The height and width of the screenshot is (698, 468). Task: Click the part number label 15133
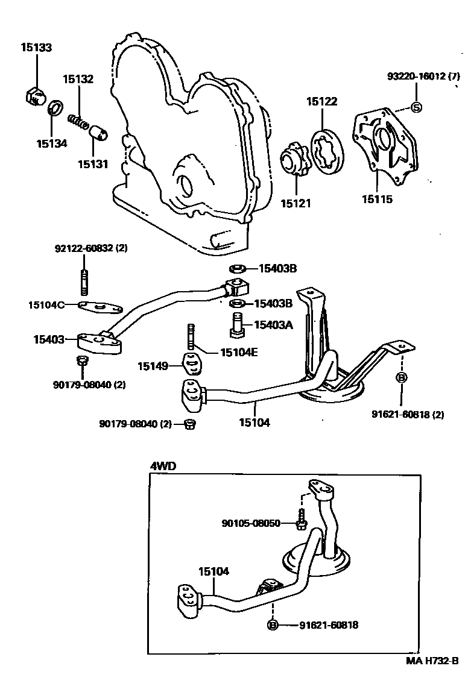coord(36,47)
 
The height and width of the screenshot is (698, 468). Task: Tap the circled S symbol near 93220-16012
coord(416,107)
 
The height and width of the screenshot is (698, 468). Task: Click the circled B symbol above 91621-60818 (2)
coord(401,378)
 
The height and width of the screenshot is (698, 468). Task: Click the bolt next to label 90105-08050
coord(301,520)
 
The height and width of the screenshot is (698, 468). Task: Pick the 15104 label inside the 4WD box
coord(214,571)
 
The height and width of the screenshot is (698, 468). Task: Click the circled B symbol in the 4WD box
coord(273,625)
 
